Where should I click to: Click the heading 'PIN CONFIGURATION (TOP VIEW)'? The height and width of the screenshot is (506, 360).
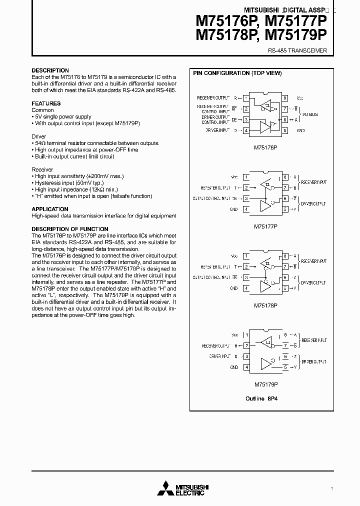237,73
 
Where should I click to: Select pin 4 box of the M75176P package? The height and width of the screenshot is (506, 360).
246,131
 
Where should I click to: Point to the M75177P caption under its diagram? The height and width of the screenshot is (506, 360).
265,226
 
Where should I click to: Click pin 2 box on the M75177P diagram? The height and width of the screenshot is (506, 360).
246,188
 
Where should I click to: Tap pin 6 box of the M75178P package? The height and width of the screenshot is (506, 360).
284,277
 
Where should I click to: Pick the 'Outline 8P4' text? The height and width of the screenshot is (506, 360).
265,398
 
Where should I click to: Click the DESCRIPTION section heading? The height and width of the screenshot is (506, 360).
50,70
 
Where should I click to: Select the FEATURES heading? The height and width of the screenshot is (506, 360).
46,103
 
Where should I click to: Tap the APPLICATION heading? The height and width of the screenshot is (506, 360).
50,209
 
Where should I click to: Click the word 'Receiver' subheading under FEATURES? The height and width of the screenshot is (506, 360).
42,169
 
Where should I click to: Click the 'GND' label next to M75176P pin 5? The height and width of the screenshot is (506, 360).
300,130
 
